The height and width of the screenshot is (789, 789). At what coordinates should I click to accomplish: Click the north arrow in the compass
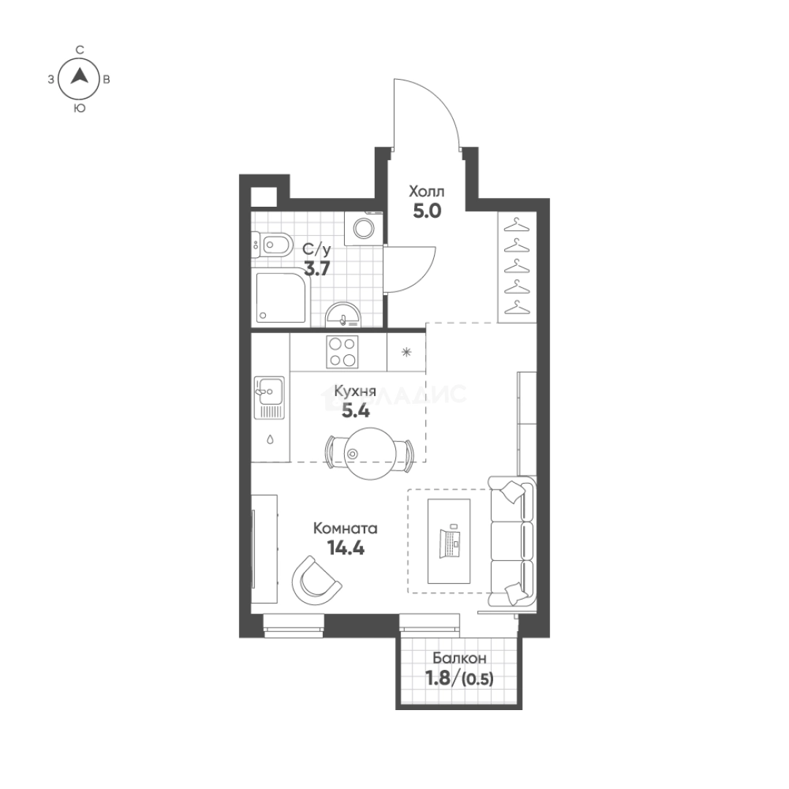pyautogui.click(x=79, y=76)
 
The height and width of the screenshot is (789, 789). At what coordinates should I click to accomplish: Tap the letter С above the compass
pyautogui.click(x=80, y=50)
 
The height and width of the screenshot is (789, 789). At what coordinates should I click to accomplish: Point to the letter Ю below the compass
pyautogui.click(x=79, y=108)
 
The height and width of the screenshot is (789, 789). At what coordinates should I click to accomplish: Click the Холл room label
pyautogui.click(x=427, y=191)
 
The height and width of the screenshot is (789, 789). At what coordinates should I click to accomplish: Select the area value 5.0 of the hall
pyautogui.click(x=427, y=211)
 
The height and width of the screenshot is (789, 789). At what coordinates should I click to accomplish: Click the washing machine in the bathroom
pyautogui.click(x=363, y=229)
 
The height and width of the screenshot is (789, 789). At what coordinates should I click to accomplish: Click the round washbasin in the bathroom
pyautogui.click(x=343, y=316)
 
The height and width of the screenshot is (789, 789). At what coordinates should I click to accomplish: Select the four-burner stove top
pyautogui.click(x=342, y=351)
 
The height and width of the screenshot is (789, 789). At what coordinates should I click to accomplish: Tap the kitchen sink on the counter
pyautogui.click(x=269, y=397)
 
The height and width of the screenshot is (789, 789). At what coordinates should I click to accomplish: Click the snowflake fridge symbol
pyautogui.click(x=406, y=352)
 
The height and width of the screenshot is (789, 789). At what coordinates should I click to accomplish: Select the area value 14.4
pyautogui.click(x=346, y=547)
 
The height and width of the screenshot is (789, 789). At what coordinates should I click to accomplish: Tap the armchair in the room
pyautogui.click(x=315, y=582)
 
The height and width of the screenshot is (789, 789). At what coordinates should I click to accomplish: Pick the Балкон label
pyautogui.click(x=460, y=658)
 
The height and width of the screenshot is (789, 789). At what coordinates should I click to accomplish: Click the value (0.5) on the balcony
pyautogui.click(x=478, y=679)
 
